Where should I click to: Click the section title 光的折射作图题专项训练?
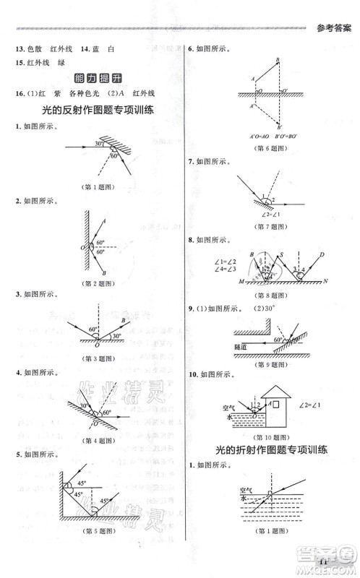coord(272,449)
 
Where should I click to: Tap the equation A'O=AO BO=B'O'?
coord(271,135)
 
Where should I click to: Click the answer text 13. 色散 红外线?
coord(40,48)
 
